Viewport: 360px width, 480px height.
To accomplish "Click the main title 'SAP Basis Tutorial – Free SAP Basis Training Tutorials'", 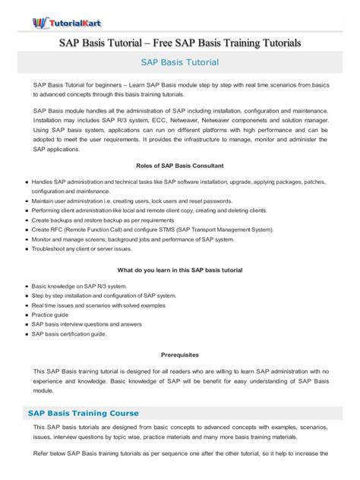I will click(180, 43).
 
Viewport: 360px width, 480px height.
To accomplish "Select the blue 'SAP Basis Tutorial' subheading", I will click(180, 62).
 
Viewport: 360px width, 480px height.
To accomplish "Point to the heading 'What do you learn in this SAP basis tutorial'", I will click(180, 270).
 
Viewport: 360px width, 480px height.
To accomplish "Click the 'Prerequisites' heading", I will click(180, 354).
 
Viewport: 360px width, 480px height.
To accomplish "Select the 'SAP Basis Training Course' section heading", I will click(84, 413).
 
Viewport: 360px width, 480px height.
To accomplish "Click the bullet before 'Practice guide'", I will click(27, 314).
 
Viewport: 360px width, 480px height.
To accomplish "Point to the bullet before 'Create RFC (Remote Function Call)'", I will click(27, 229).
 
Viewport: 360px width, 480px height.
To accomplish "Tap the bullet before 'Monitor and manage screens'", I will click(27, 238).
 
